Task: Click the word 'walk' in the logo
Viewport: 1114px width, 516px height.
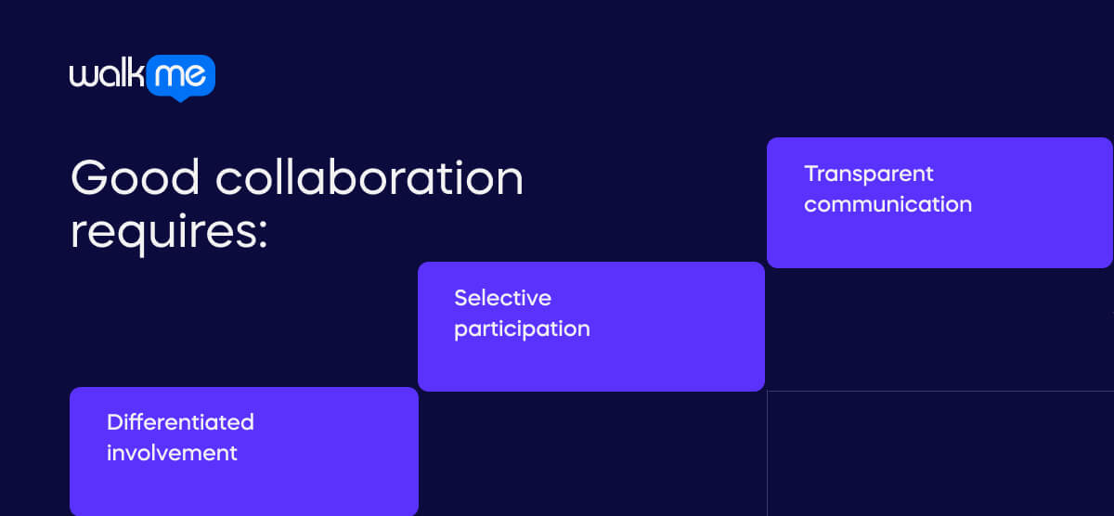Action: tap(107, 74)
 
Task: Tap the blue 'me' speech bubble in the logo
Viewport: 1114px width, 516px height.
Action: tap(181, 75)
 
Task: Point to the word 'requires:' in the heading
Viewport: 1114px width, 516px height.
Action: tap(169, 231)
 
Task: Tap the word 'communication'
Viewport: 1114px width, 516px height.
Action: tap(887, 204)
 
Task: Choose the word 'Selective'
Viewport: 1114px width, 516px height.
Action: tap(502, 298)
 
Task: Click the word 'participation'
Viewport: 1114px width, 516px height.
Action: tap(522, 329)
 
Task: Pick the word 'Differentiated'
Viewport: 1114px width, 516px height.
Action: tap(180, 422)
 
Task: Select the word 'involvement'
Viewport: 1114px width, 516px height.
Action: tap(172, 453)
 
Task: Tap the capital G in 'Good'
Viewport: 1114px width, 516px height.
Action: tap(91, 177)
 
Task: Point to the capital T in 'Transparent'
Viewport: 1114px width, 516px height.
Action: tap(810, 174)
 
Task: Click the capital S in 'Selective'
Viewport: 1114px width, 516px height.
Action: tap(460, 298)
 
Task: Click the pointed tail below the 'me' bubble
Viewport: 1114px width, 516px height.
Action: tap(180, 97)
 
